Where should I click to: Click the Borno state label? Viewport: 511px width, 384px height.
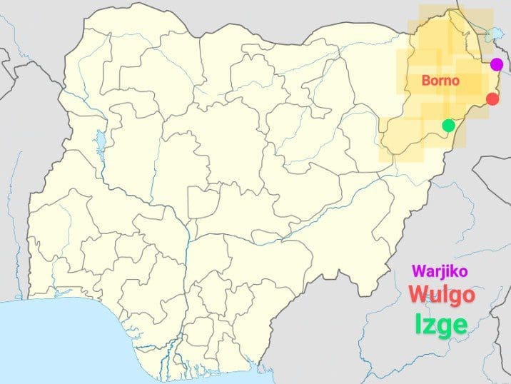pyautogui.click(x=439, y=81)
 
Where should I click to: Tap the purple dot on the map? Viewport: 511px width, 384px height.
pyautogui.click(x=497, y=64)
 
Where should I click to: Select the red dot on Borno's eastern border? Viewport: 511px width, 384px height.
pyautogui.click(x=492, y=99)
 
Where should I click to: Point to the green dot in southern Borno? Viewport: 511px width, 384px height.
pyautogui.click(x=448, y=126)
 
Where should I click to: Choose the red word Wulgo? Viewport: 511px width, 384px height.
pyautogui.click(x=442, y=295)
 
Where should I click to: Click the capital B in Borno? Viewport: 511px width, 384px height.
pyautogui.click(x=425, y=81)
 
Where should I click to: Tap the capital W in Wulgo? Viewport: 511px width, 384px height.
pyautogui.click(x=420, y=295)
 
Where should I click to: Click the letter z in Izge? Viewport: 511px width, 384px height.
pyautogui.click(x=431, y=326)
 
